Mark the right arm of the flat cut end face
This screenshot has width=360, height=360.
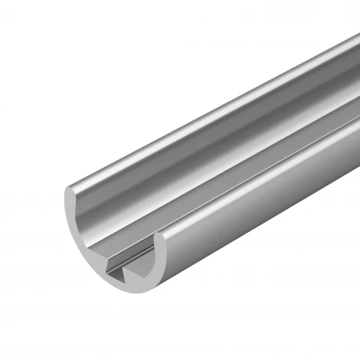[x=162, y=264]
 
